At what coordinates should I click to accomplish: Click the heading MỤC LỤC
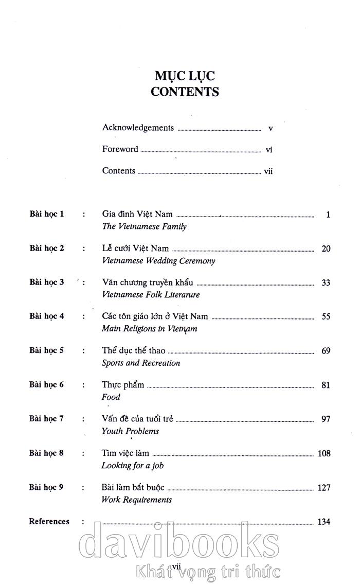point(185,76)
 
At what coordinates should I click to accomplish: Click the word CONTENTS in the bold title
point(185,92)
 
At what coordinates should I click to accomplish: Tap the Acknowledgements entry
point(138,128)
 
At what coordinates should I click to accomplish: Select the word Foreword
point(120,149)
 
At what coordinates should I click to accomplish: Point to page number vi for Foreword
point(268,150)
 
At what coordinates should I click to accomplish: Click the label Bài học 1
point(47,214)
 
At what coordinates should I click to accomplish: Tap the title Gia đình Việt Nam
point(137,214)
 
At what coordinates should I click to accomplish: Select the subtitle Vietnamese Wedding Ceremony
point(158,260)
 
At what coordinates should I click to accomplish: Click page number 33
point(326,282)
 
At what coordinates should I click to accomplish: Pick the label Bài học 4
point(47,316)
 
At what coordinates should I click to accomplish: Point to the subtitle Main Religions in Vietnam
point(149,329)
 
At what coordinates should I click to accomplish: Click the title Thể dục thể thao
point(134,350)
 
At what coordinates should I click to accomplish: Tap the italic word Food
point(111,397)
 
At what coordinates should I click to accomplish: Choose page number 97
point(326,419)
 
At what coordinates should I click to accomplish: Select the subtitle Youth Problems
point(130,431)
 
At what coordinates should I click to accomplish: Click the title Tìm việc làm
point(125,453)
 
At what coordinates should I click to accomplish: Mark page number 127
point(324,487)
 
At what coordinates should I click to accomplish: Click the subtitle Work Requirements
point(136,500)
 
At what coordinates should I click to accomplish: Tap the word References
point(49,521)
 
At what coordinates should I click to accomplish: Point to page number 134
point(324,522)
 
